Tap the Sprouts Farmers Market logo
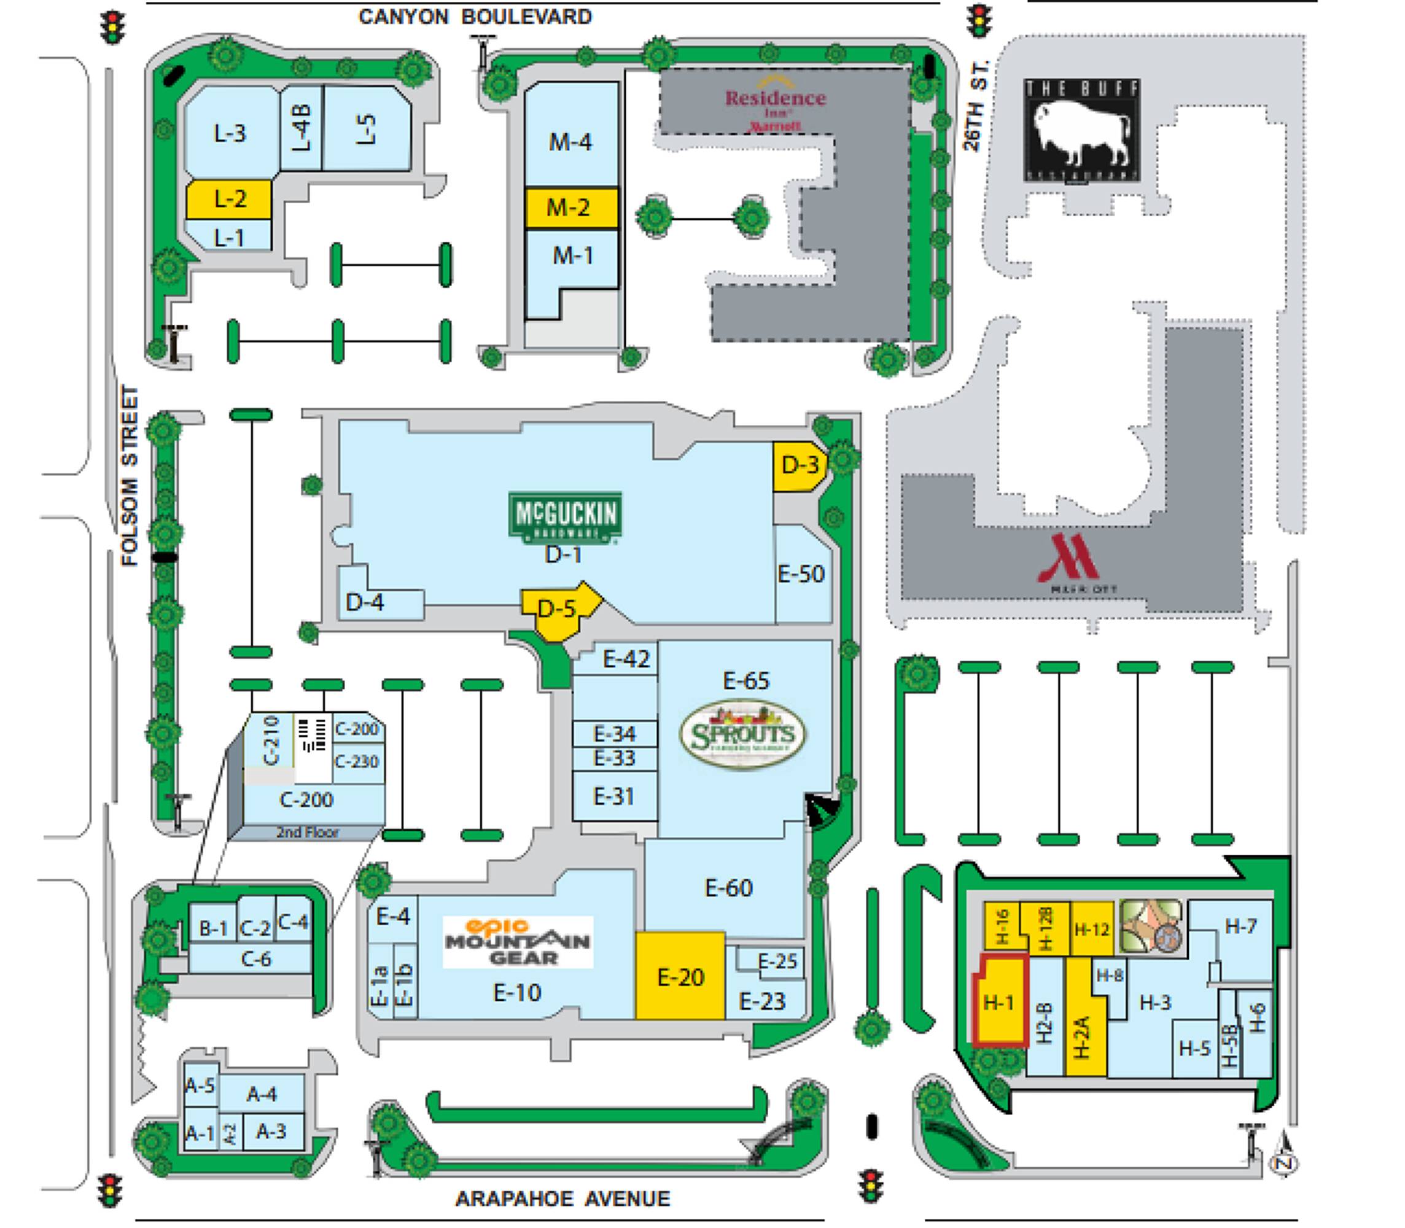pos(743,734)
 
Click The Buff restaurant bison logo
pos(1081,130)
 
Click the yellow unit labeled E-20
pos(680,976)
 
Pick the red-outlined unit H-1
pos(1000,1001)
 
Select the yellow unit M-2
pos(570,207)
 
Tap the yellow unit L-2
pos(229,200)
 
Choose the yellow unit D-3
pos(798,466)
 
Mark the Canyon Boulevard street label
pos(475,17)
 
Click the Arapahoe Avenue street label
pos(562,1199)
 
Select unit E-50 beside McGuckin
pos(801,574)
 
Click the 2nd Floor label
pos(307,833)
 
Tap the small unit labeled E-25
pos(777,962)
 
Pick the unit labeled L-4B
pos(301,128)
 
